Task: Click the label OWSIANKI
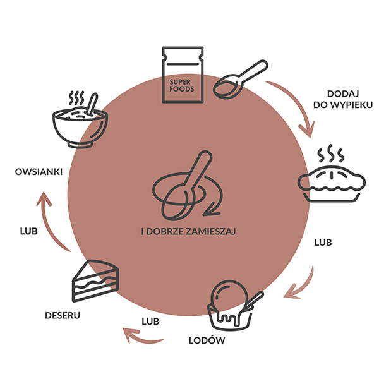pos(38,172)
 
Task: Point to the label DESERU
pos(63,313)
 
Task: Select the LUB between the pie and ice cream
pos(323,242)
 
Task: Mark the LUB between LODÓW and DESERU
pos(150,321)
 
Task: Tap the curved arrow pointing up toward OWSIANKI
pos(51,221)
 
